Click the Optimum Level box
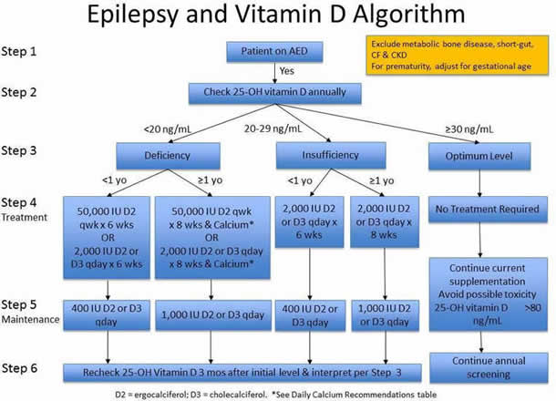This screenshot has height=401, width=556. coord(479,154)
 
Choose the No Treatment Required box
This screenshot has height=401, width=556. coord(479,211)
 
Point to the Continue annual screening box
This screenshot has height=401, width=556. coord(479,367)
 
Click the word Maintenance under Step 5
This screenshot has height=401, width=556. coord(31,320)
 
